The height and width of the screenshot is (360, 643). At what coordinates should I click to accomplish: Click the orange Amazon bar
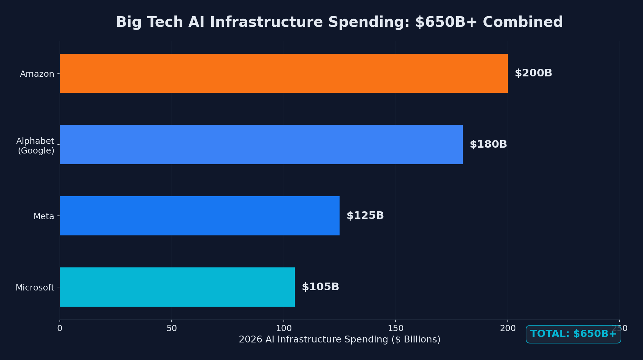283,73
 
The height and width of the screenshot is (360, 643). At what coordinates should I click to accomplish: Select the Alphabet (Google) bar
261,145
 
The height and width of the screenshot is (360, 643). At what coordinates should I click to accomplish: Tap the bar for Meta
200,216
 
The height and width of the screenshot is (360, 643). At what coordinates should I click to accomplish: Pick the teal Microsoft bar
177,287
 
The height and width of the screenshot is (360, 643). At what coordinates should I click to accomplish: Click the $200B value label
533,73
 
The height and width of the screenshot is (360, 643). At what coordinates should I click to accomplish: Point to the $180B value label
488,145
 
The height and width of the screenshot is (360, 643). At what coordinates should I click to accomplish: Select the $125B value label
365,216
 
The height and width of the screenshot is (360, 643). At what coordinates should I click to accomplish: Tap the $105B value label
320,287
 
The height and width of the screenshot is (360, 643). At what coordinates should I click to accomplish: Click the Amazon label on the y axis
37,74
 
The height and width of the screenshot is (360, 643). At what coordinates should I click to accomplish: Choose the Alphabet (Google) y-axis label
36,146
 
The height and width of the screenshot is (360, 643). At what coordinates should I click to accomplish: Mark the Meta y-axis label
44,216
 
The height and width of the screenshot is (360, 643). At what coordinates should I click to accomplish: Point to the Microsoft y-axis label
35,288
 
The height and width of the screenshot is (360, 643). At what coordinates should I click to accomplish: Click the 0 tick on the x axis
60,329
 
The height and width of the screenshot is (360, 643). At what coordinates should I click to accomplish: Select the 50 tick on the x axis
172,329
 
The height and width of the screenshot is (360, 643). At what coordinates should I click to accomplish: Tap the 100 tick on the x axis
283,329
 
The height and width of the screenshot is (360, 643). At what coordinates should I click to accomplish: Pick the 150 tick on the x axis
396,329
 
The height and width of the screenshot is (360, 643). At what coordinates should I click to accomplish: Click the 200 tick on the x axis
508,329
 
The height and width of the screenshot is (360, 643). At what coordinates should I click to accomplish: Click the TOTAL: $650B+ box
573,334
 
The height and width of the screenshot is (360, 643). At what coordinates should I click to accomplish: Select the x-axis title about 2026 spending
340,340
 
